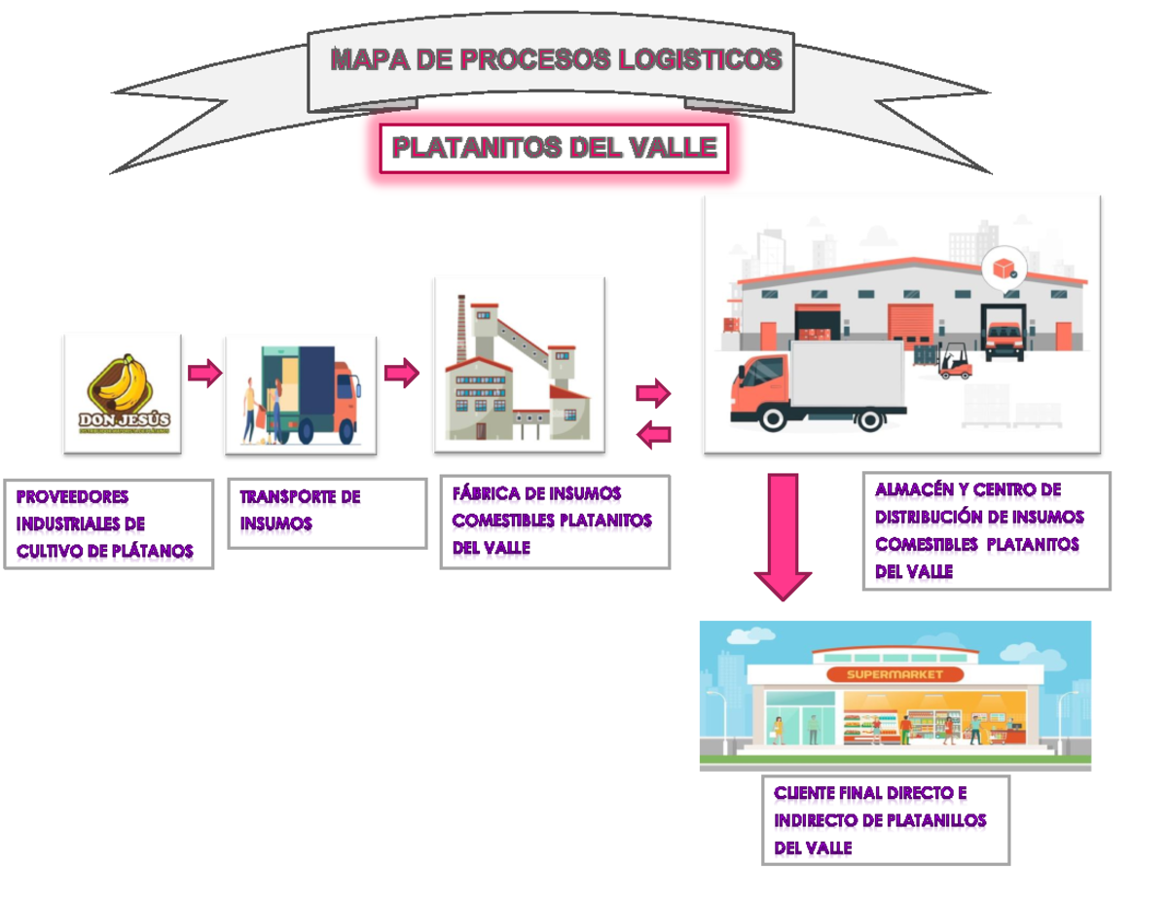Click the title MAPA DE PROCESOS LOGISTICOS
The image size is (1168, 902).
(x=555, y=60)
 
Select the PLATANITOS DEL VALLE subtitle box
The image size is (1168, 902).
(x=554, y=149)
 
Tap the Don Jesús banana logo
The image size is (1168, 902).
(x=123, y=393)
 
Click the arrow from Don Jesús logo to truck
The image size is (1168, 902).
(x=204, y=373)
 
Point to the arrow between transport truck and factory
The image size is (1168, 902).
(x=401, y=373)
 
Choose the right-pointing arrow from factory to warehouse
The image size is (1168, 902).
(x=653, y=393)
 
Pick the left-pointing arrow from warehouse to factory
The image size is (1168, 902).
(x=654, y=434)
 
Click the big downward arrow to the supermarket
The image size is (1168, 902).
(x=784, y=535)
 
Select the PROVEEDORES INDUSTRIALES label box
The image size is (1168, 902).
(x=108, y=523)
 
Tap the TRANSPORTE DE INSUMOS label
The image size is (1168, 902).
(x=327, y=512)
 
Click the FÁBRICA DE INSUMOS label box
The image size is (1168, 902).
(x=555, y=521)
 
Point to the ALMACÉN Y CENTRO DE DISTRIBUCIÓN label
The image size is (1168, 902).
(x=986, y=530)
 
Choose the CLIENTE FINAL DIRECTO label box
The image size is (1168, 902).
(x=886, y=819)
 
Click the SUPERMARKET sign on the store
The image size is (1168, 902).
(x=894, y=674)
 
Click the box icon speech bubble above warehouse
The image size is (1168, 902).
(x=1003, y=268)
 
